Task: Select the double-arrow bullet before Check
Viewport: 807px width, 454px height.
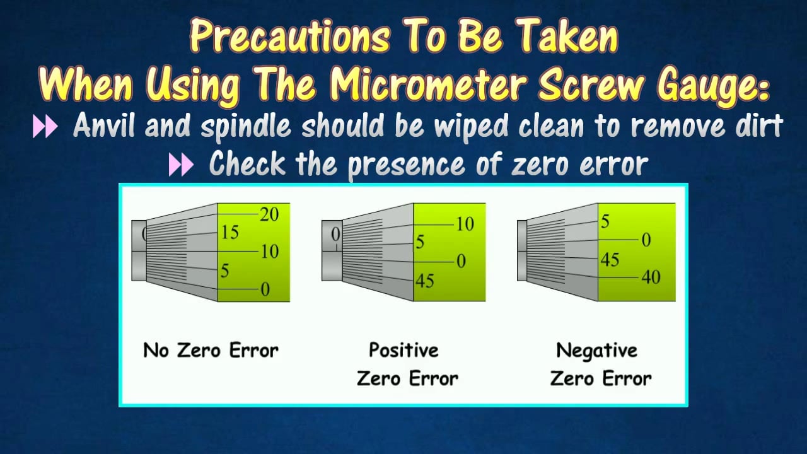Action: [x=182, y=165]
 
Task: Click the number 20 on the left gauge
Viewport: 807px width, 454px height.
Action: [x=269, y=214]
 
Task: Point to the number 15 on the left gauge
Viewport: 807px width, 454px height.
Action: [x=229, y=233]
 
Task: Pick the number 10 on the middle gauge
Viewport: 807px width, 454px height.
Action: [x=465, y=224]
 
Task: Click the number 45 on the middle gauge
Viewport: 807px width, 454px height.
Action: [x=425, y=281]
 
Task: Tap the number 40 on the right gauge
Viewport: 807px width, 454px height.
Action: [x=651, y=277]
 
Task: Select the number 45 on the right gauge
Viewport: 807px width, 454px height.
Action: [x=609, y=259]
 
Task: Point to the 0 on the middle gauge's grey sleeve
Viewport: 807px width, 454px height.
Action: [x=335, y=235]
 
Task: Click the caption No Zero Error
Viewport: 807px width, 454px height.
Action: [x=211, y=350]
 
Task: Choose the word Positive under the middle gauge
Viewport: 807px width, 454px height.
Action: [x=403, y=350]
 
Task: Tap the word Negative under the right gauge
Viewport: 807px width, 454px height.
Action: [x=596, y=350]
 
